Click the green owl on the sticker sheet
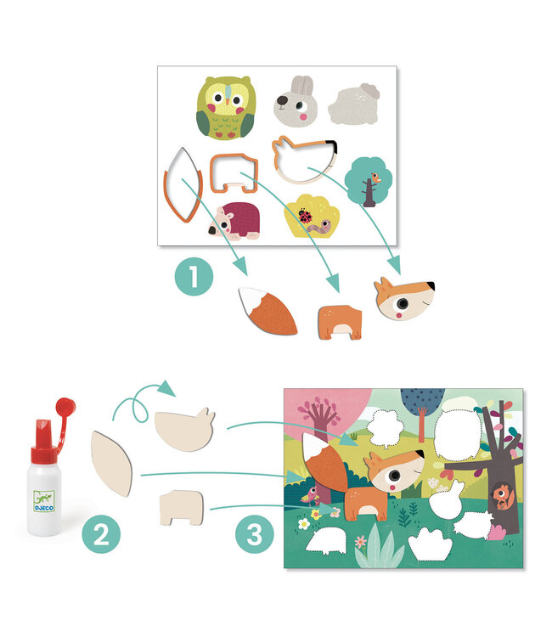tap(226, 108)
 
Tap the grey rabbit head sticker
tap(295, 102)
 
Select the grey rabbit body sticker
tap(354, 104)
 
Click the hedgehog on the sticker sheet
tap(234, 222)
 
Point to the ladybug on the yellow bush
tap(305, 215)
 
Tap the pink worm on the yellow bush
tap(319, 226)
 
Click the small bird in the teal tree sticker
tap(375, 178)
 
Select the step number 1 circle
tap(194, 276)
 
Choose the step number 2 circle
tap(101, 534)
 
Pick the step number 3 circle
tap(255, 534)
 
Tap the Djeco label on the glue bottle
tap(44, 501)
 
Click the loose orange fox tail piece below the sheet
tap(268, 311)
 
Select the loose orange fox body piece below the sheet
tap(340, 322)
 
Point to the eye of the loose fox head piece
tap(403, 303)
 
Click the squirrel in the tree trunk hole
tap(504, 497)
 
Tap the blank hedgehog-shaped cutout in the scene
tap(327, 541)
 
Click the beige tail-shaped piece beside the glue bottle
tap(112, 464)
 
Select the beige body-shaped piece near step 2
tap(181, 507)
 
